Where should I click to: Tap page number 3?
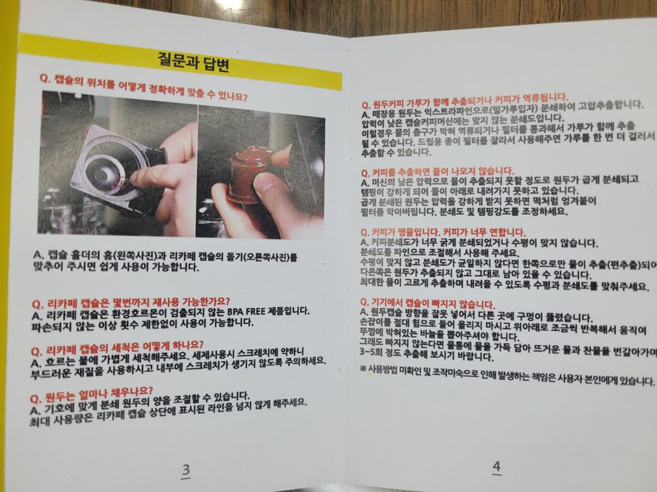[186, 470]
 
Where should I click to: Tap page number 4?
[497, 466]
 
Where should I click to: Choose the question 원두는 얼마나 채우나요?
[95, 390]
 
